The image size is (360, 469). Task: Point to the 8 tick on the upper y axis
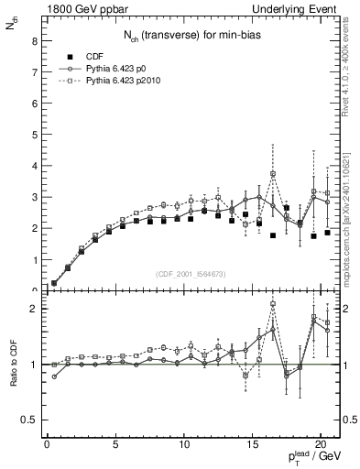[34, 41]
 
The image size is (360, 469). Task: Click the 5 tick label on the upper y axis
[34, 135]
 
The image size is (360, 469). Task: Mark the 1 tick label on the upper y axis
[34, 259]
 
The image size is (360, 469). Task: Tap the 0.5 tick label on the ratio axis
[29, 420]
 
